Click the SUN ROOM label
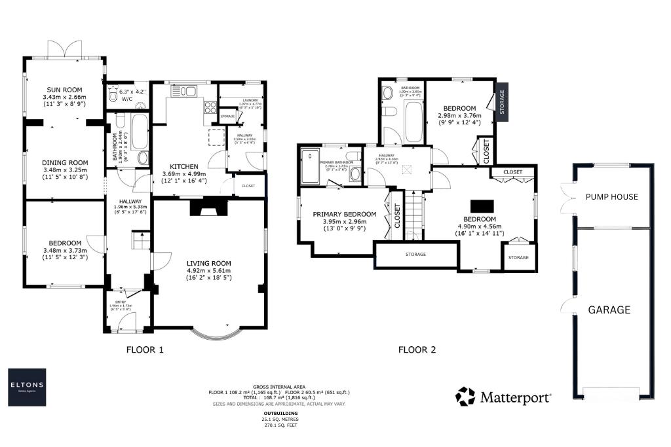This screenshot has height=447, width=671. [64, 90]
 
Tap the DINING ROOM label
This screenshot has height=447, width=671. [64, 163]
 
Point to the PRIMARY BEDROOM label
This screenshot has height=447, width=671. [345, 214]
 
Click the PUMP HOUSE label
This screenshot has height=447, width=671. [611, 196]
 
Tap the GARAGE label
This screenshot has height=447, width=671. [609, 310]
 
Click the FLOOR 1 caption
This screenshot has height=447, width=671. [144, 350]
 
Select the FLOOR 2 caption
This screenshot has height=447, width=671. [417, 350]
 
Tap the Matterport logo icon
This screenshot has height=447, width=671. [465, 397]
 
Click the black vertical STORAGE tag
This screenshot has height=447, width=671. [503, 102]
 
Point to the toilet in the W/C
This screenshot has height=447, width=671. [113, 98]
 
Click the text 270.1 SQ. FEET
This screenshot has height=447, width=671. [281, 425]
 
